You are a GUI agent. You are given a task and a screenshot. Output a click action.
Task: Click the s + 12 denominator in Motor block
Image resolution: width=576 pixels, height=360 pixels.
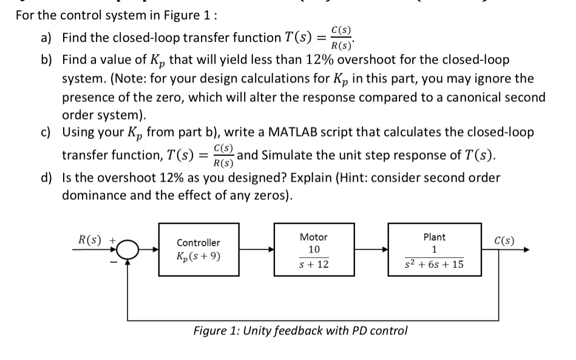(314, 264)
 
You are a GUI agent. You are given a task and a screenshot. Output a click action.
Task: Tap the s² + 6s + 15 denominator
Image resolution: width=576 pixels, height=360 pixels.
(434, 265)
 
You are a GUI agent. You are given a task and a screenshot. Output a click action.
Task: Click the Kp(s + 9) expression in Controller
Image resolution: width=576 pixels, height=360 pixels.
(198, 255)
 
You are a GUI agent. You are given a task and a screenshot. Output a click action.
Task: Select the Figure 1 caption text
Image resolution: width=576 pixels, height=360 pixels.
(300, 331)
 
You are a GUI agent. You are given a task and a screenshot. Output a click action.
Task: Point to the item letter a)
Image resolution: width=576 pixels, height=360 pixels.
(47, 38)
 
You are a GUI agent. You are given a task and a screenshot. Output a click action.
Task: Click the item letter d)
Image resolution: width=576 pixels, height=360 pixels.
(47, 178)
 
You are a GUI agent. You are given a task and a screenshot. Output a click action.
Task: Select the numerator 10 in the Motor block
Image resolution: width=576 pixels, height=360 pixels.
(314, 250)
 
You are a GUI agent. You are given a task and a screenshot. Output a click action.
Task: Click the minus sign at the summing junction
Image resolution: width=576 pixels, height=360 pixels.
(113, 262)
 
